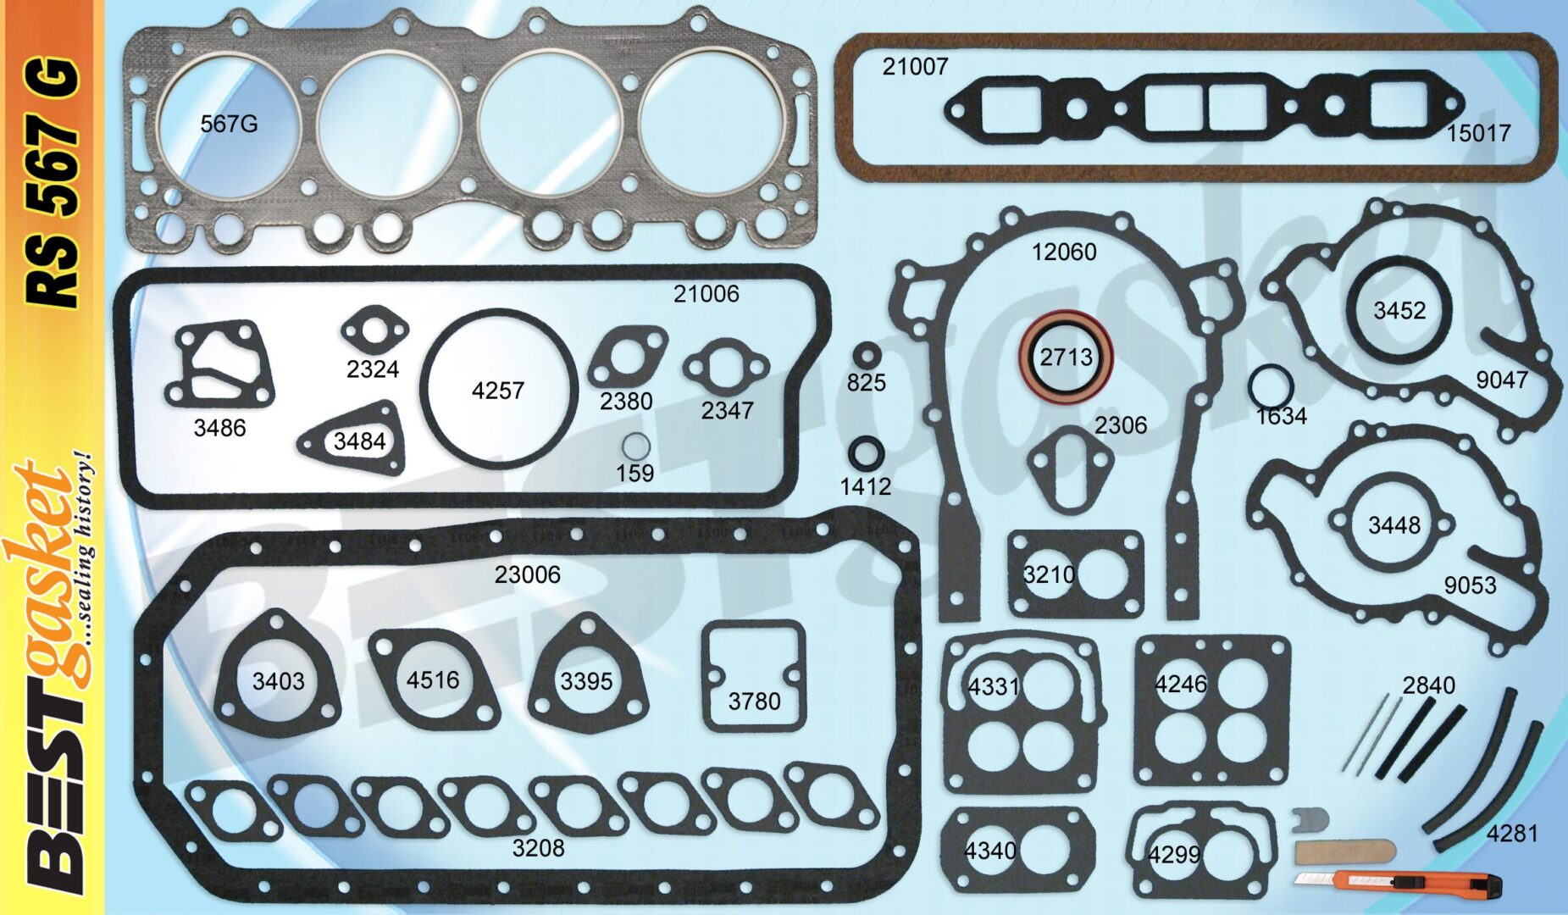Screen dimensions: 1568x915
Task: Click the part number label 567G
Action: click(x=229, y=124)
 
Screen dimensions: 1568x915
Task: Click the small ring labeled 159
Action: click(x=635, y=446)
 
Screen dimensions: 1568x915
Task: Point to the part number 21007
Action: click(x=915, y=67)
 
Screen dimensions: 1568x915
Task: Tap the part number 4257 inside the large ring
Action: click(x=498, y=391)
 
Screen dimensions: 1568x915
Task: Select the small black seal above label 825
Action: click(x=867, y=356)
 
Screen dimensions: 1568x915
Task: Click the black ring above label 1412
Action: click(x=866, y=453)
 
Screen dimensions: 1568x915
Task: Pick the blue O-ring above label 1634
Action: click(x=1270, y=386)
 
